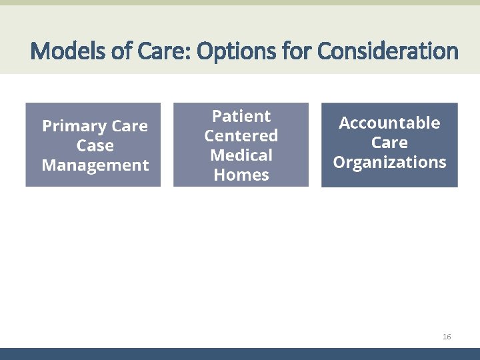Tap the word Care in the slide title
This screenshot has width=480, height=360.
pyautogui.click(x=157, y=51)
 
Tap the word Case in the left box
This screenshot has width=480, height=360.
pyautogui.click(x=95, y=145)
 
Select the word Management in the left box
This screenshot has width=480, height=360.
pyautogui.click(x=95, y=165)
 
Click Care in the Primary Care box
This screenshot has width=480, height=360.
pyautogui.click(x=130, y=126)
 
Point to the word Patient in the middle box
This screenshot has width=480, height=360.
pyautogui.click(x=241, y=116)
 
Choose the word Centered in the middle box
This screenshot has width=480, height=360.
pyautogui.click(x=241, y=136)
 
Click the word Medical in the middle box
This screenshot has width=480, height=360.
pyautogui.click(x=241, y=155)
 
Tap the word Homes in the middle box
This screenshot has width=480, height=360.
pyautogui.click(x=241, y=175)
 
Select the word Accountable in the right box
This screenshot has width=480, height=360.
pyautogui.click(x=389, y=123)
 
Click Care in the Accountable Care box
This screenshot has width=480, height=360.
pyautogui.click(x=389, y=143)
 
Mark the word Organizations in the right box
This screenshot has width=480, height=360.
pyautogui.click(x=389, y=162)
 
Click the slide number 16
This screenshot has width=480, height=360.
pyautogui.click(x=447, y=337)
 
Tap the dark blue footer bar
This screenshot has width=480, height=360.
pyautogui.click(x=240, y=354)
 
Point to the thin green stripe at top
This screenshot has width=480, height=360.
pyautogui.click(x=240, y=3)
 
